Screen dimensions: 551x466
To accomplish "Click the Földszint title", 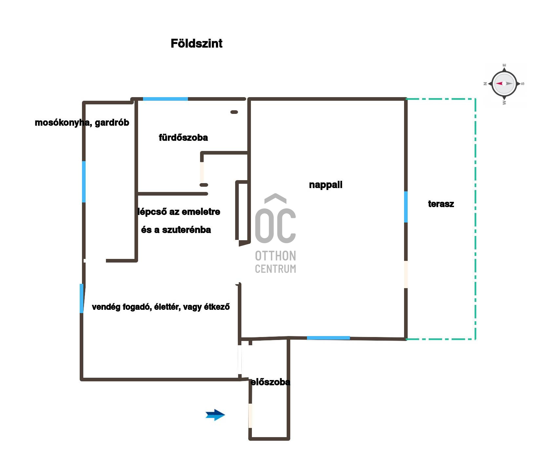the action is point(196,43).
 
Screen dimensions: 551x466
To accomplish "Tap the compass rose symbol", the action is point(504,84).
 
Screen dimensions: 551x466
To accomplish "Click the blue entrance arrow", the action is point(215,415).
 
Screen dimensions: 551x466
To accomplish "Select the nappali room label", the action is point(326,185).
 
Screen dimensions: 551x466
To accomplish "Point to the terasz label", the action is point(441,204).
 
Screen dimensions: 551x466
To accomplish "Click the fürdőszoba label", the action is point(183,138).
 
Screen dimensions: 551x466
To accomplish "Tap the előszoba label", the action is point(270,382).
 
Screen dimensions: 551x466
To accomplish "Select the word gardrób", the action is point(112,123).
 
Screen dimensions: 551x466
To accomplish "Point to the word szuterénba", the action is point(186,230).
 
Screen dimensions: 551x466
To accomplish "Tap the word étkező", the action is point(217,307).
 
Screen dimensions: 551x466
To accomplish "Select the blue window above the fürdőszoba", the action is point(165,99).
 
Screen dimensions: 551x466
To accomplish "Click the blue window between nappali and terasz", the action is point(406,207).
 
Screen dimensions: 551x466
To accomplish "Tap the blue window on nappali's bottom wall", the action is point(328,338).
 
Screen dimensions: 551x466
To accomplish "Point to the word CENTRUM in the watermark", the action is point(275,269).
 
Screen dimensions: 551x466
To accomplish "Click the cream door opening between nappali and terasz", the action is point(406,274).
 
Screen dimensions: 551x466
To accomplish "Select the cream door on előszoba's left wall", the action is point(250,415).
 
